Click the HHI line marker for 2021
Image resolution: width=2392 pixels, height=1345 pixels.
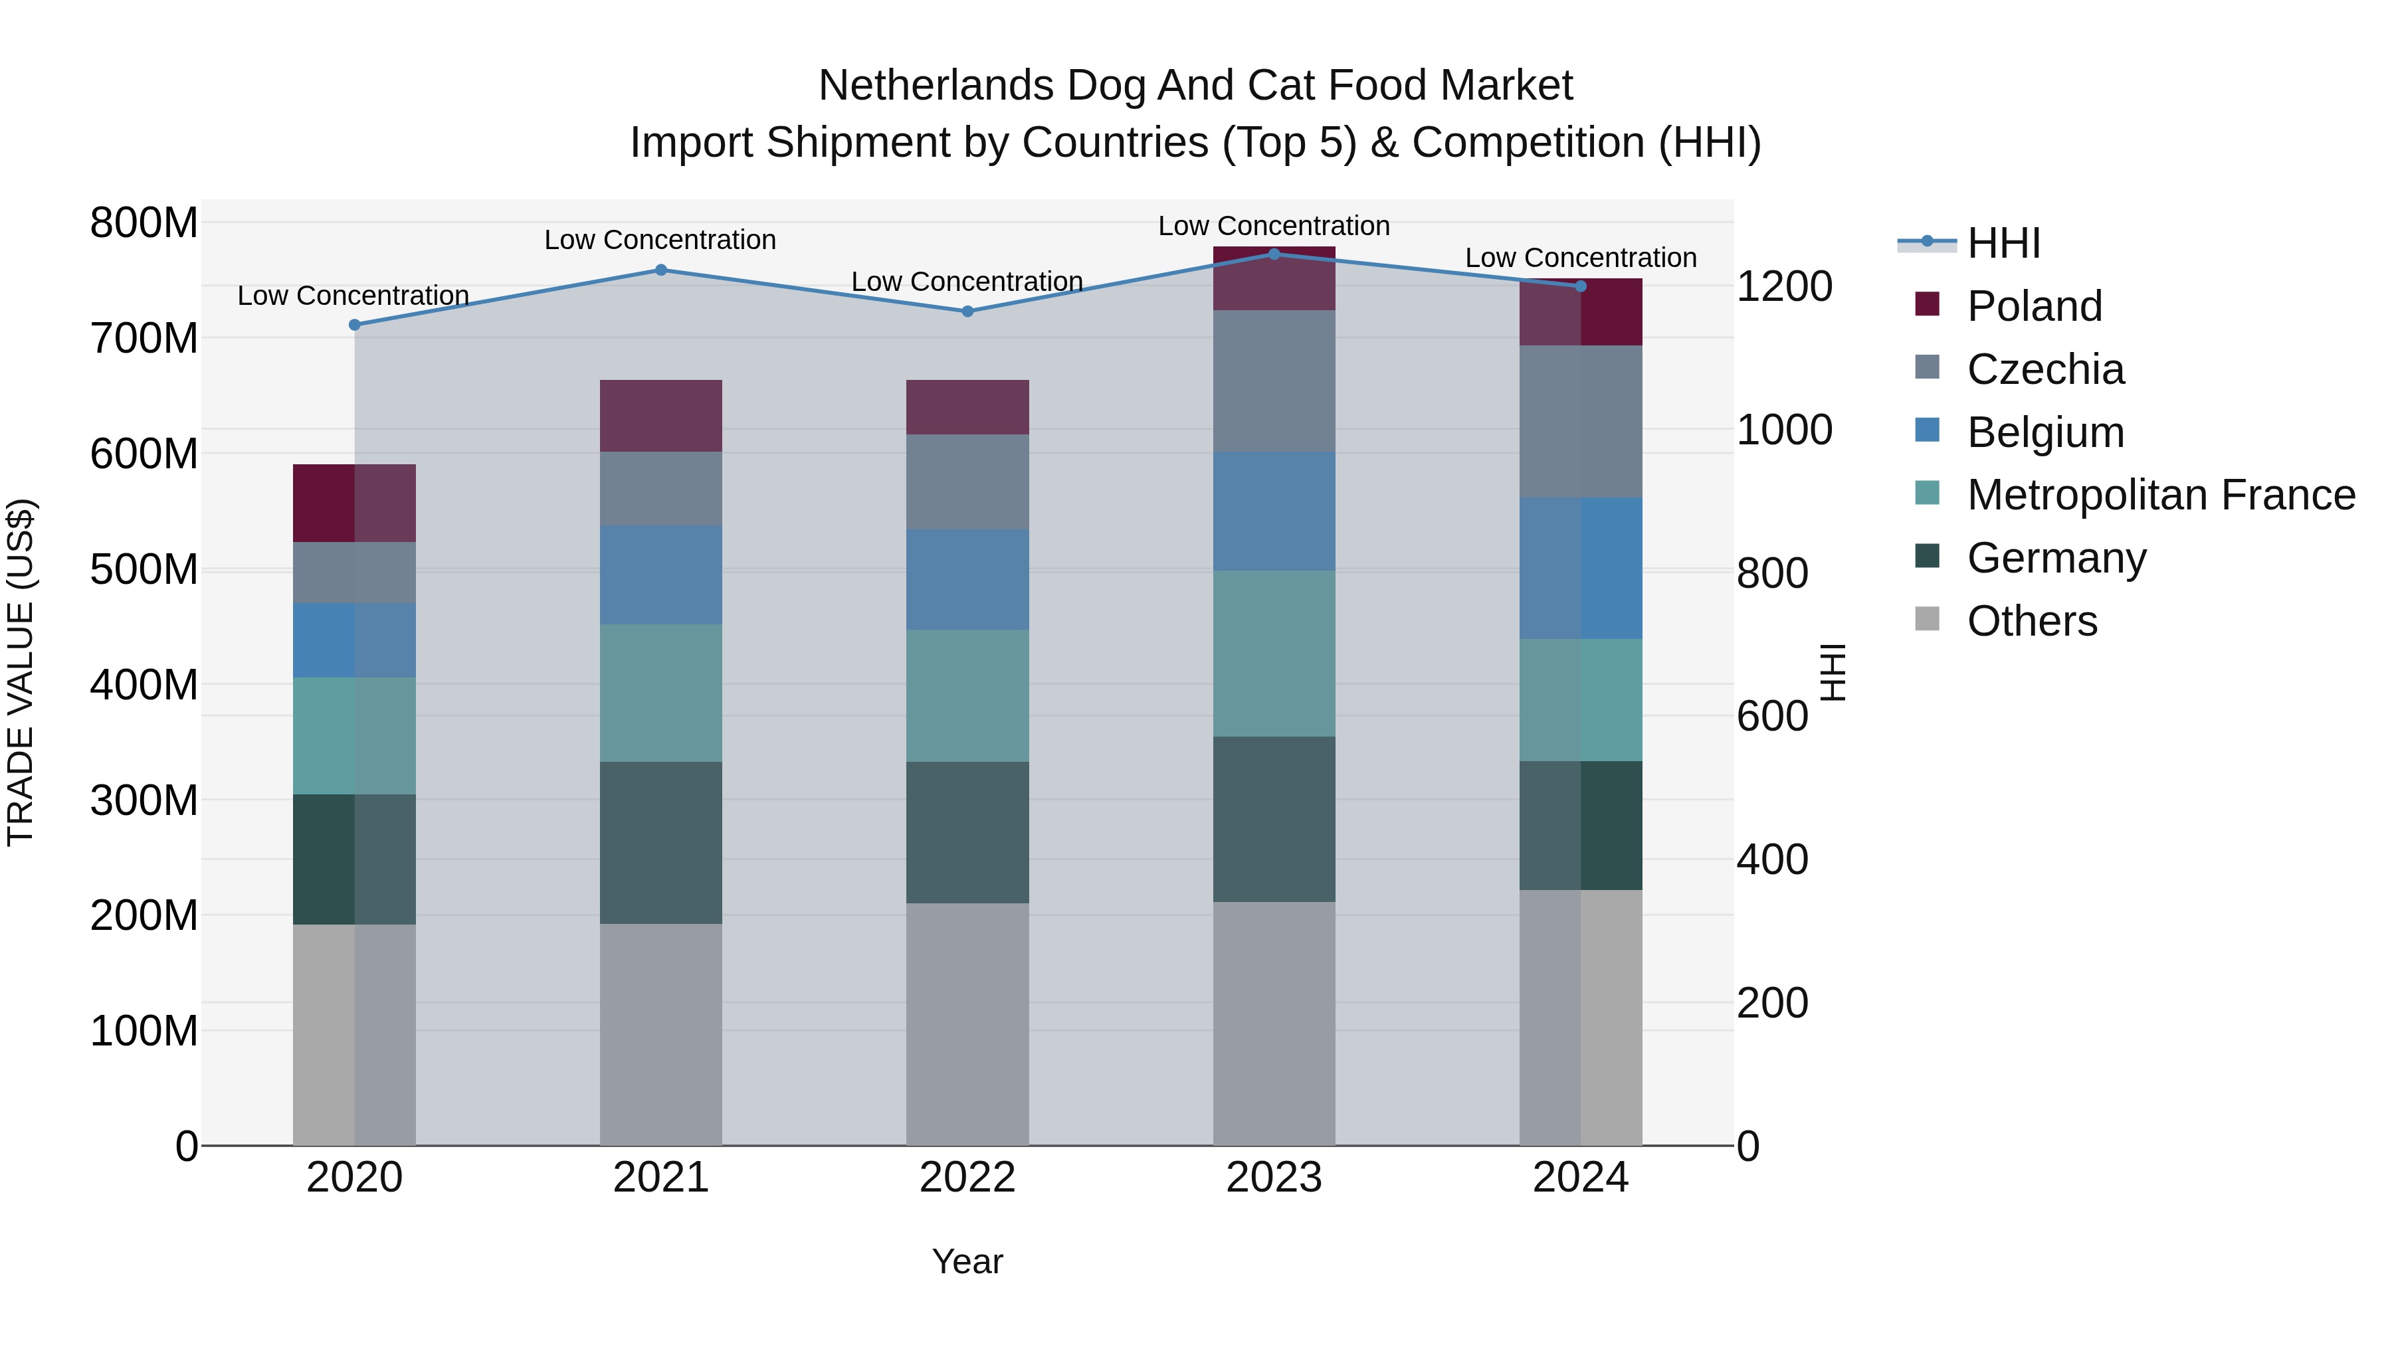point(661,270)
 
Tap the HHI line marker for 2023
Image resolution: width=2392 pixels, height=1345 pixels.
point(1274,254)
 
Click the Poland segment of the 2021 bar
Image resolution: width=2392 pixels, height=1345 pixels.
point(661,415)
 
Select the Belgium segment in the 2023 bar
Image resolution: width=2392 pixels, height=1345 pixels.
point(1274,511)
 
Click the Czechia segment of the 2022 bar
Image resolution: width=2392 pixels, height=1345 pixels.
point(967,481)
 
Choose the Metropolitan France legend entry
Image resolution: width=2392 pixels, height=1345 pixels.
point(2161,495)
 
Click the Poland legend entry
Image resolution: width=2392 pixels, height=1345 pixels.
point(2034,306)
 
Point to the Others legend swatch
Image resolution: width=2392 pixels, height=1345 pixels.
point(1927,619)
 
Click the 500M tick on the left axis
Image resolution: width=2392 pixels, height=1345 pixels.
point(144,569)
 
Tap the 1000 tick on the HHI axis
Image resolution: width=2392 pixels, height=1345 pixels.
point(1784,430)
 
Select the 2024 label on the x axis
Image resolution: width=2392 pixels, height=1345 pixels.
point(1581,1177)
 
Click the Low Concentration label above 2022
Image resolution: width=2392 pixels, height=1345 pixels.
point(967,281)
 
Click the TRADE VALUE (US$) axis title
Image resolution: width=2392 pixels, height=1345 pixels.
point(21,672)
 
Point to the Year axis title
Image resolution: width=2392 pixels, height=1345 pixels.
point(967,1261)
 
